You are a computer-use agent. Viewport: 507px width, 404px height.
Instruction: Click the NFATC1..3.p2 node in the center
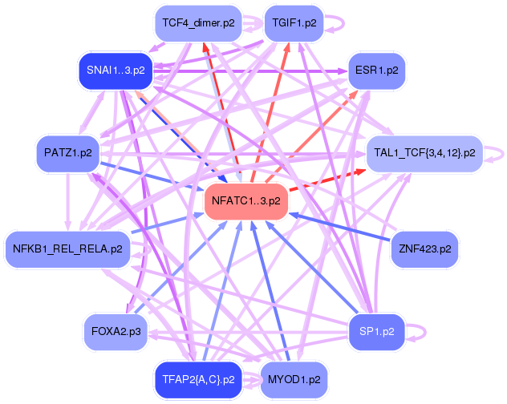click(246, 201)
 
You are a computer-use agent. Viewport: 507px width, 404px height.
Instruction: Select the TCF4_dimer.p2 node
click(198, 23)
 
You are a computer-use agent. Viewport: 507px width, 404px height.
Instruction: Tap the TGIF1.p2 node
click(294, 23)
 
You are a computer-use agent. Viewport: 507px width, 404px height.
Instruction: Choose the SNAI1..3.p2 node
click(116, 71)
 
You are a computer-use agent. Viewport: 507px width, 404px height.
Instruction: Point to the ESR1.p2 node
click(377, 71)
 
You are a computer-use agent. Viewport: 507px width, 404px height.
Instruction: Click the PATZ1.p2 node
click(68, 153)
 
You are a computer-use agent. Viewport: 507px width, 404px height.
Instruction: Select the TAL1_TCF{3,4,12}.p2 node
click(424, 153)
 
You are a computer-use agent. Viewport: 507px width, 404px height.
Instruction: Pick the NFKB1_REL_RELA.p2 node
click(67, 249)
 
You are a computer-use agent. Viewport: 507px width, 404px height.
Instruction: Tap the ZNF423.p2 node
click(425, 249)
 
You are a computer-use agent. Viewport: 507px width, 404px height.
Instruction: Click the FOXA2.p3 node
click(116, 332)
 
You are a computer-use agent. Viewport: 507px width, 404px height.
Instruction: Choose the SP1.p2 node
click(377, 332)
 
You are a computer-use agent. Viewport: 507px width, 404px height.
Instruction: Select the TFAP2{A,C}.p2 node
click(198, 380)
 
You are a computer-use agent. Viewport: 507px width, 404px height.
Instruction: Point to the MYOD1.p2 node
click(294, 380)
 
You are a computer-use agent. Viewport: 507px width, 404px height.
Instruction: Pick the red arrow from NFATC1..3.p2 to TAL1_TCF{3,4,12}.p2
click(327, 180)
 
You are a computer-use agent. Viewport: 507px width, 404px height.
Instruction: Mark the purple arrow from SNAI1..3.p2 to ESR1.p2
click(250, 71)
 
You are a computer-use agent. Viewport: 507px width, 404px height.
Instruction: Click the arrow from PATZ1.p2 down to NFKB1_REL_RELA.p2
click(67, 201)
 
